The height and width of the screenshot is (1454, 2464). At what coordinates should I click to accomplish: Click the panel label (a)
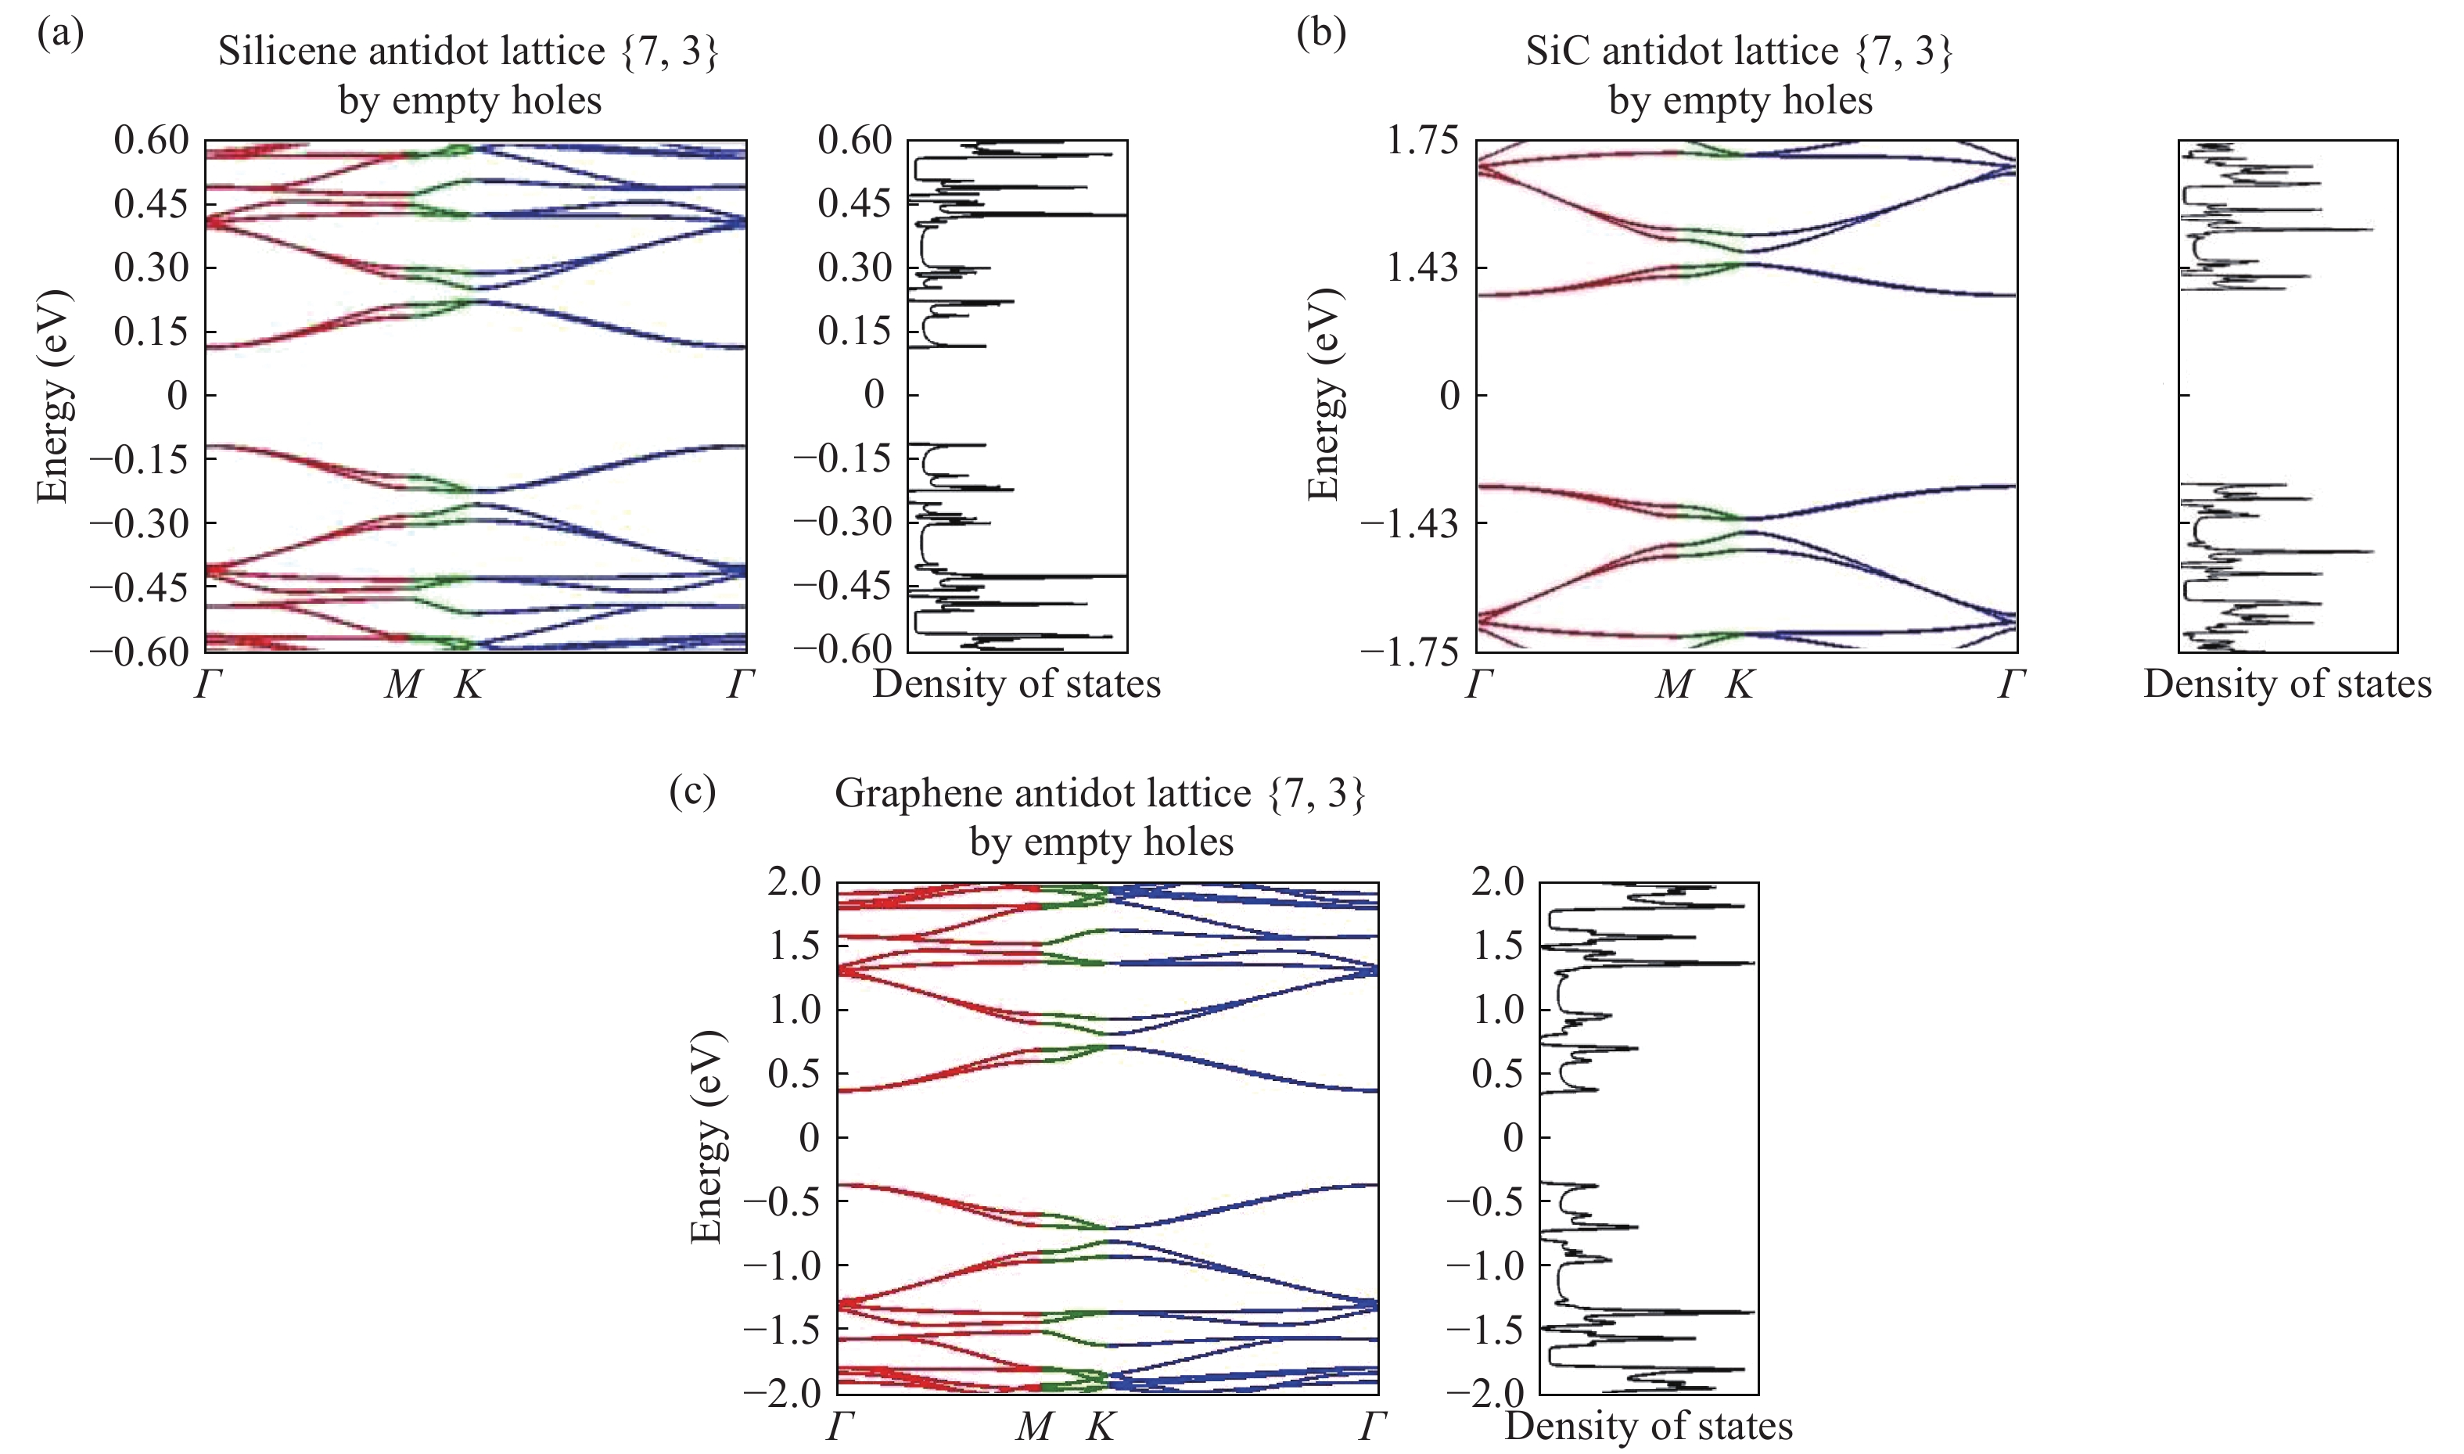[59, 34]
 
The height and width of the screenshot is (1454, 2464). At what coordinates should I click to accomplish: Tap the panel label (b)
[1320, 34]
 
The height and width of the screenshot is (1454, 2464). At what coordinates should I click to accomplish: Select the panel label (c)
[691, 790]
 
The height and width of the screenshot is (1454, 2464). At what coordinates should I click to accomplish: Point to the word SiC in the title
[1557, 51]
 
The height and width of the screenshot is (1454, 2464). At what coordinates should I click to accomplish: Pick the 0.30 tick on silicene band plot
[151, 267]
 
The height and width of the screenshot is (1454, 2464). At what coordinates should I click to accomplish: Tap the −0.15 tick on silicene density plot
[842, 458]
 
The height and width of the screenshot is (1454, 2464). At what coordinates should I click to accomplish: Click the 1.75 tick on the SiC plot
[1421, 141]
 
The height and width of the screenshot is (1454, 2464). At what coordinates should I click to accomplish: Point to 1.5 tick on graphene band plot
[794, 946]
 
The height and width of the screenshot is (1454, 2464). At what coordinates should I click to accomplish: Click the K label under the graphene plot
[1101, 1427]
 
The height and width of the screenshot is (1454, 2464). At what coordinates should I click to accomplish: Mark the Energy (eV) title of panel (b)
[1324, 395]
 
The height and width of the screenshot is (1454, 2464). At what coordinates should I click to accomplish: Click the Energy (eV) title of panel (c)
[706, 1136]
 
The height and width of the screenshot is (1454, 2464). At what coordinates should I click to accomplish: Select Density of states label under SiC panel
[2286, 684]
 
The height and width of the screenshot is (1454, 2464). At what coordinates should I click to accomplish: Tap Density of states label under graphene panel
[1648, 1427]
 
